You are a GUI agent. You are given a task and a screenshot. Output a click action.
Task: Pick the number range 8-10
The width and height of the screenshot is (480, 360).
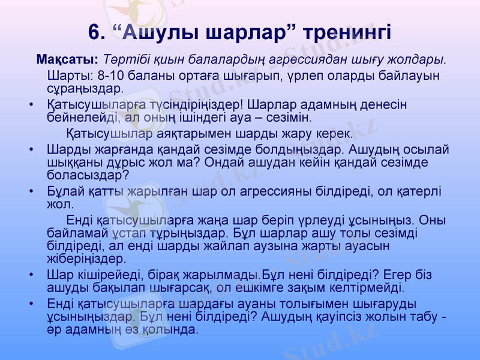(110, 76)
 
